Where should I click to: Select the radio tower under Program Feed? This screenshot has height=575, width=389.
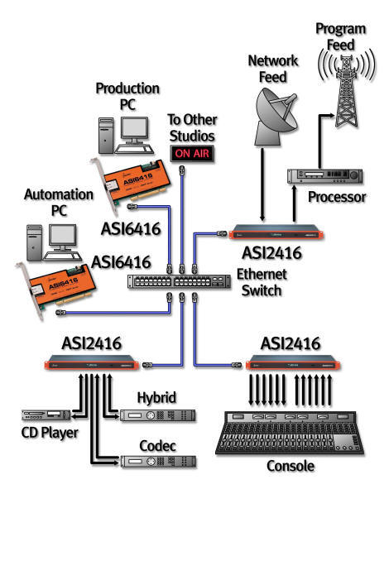pos(341,82)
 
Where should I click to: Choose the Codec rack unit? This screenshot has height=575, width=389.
pos(157,461)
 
